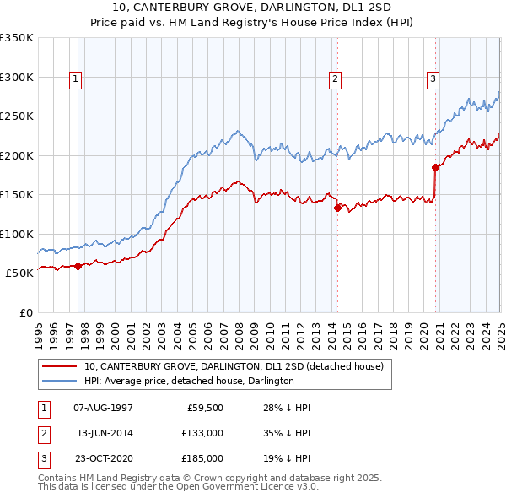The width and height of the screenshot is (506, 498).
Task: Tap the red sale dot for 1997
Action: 78,266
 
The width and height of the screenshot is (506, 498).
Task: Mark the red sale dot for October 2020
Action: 436,167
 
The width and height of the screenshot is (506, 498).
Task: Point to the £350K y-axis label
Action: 17,38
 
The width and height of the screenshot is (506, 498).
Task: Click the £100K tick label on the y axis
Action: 17,234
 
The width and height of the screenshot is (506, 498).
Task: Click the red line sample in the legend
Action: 59,366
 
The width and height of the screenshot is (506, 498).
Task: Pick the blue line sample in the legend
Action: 59,381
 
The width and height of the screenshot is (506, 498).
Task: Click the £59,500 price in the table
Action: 204,408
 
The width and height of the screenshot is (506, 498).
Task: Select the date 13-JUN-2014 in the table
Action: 105,433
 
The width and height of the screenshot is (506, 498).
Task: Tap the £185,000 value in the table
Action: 202,458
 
